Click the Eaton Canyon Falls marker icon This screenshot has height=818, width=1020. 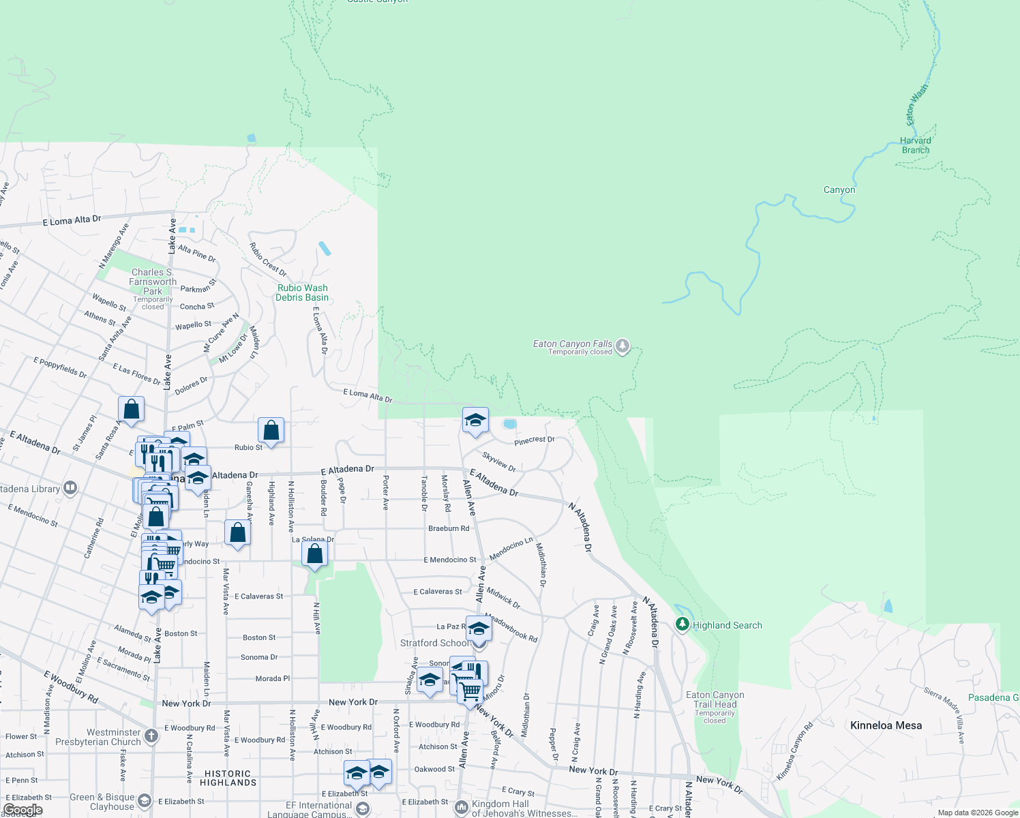pos(622,346)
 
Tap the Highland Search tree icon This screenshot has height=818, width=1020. pos(682,624)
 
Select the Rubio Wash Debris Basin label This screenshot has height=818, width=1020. pos(302,292)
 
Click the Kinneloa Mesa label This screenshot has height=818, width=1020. pos(886,725)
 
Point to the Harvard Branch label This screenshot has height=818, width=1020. pos(916,145)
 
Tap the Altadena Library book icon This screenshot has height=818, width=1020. pos(70,488)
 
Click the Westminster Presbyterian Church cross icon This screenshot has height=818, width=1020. pos(151,736)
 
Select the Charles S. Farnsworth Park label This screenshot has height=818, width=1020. pos(153,282)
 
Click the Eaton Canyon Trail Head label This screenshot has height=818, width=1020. pos(715,699)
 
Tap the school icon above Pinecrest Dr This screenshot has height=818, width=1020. pos(475,420)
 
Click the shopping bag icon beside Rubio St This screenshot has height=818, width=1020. pos(271,431)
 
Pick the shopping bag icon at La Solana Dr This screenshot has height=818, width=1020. pos(314,554)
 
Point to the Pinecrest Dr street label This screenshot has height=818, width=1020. pos(535,440)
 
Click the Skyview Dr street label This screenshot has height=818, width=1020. pos(499,461)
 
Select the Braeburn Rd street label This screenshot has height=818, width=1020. pos(449,528)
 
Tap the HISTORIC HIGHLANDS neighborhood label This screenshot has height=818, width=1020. pos(228,778)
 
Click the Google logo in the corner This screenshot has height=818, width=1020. pos(23,810)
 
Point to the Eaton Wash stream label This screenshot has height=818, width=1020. pos(916,104)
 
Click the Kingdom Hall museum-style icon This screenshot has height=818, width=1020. pos(462,806)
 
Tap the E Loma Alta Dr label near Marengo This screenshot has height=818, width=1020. pos(72,220)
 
